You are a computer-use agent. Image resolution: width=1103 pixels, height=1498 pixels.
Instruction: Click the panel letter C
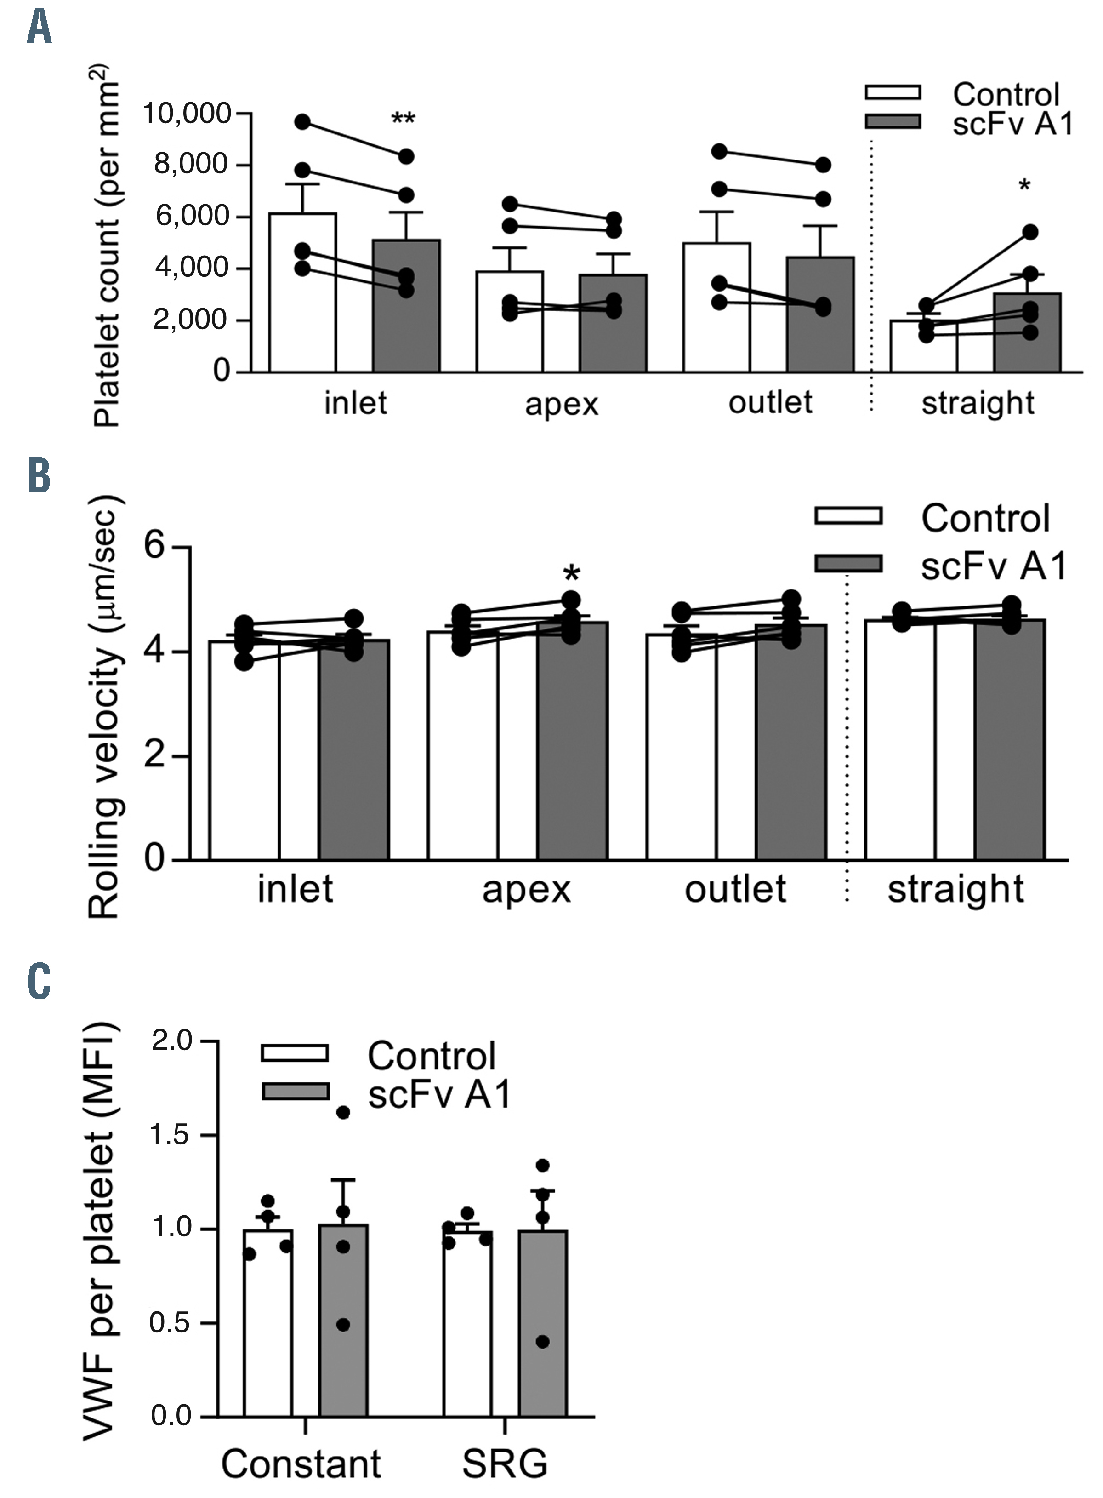pyautogui.click(x=40, y=981)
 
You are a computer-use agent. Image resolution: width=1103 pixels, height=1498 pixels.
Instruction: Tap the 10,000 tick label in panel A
pyautogui.click(x=187, y=114)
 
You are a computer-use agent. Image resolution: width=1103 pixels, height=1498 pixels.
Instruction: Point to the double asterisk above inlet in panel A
pyautogui.click(x=403, y=120)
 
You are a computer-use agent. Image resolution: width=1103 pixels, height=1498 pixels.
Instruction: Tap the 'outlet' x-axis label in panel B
pyautogui.click(x=735, y=890)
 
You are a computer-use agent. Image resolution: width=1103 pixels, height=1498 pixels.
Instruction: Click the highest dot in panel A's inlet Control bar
pyautogui.click(x=302, y=121)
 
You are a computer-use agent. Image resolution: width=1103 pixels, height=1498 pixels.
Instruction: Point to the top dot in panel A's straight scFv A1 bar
pyautogui.click(x=1030, y=232)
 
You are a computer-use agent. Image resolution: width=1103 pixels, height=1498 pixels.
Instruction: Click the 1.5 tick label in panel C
pyautogui.click(x=171, y=1135)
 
